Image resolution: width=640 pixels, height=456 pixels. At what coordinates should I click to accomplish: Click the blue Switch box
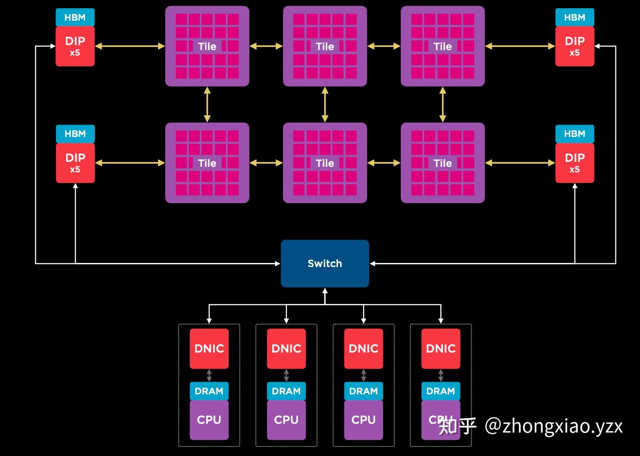[x=325, y=263]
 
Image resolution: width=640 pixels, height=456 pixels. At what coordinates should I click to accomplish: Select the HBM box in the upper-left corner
[x=75, y=17]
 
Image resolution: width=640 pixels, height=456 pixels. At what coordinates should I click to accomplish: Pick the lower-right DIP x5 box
[x=574, y=163]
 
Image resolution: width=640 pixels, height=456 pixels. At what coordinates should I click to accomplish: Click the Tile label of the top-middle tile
[x=325, y=46]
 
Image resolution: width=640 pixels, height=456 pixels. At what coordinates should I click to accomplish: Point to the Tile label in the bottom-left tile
[x=207, y=163]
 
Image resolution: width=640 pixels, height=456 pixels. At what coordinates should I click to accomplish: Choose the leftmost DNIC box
[x=209, y=348]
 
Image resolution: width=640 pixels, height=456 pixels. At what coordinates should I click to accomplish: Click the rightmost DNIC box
[x=440, y=348]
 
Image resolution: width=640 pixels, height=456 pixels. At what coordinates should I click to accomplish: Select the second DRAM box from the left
[x=286, y=391]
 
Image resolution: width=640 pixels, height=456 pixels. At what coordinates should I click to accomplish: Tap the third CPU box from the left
[x=363, y=420]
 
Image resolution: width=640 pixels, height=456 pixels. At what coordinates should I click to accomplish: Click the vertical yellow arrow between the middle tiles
[x=325, y=104]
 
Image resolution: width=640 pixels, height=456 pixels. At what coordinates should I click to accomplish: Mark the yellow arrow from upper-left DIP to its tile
[x=129, y=46]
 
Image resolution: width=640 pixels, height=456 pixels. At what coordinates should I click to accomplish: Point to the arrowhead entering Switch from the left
[x=277, y=263]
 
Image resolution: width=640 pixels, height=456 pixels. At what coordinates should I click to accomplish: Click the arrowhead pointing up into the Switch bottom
[x=325, y=291]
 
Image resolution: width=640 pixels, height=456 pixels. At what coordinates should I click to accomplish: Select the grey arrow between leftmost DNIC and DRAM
[x=209, y=376]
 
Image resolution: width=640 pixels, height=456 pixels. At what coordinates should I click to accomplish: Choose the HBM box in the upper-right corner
[x=574, y=17]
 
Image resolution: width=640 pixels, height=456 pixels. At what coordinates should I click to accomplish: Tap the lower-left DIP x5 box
[x=75, y=163]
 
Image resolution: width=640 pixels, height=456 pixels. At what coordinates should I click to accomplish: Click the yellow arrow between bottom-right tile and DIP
[x=520, y=163]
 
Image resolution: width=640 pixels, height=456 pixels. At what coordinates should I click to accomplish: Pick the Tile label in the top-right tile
[x=443, y=46]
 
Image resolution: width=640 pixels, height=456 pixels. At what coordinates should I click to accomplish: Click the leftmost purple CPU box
[x=209, y=420]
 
